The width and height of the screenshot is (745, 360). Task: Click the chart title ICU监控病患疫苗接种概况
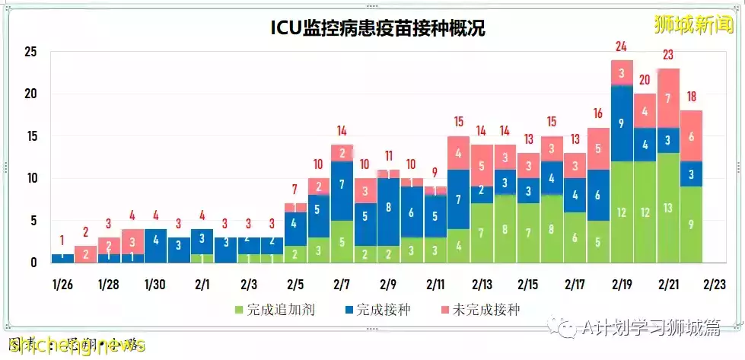pos(378,28)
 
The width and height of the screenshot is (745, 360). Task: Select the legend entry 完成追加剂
pos(271,309)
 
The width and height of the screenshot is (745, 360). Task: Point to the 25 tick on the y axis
pos(30,53)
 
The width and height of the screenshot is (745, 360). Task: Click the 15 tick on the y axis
pos(30,137)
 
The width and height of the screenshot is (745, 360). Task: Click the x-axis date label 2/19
pos(622,285)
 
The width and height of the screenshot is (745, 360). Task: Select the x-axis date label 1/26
pos(63,285)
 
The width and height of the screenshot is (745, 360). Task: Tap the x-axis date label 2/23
pos(716,285)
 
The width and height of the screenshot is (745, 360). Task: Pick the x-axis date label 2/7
pos(342,285)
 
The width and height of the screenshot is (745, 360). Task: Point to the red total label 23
pos(668,55)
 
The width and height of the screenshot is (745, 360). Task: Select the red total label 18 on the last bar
pos(691,97)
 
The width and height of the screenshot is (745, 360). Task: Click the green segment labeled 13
pos(668,208)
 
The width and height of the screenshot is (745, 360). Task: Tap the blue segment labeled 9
pos(622,123)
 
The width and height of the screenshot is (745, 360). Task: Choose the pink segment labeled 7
pos(668,98)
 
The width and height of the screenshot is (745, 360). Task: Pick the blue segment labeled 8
pos(388,207)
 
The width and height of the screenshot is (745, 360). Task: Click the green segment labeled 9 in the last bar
pos(691,225)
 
